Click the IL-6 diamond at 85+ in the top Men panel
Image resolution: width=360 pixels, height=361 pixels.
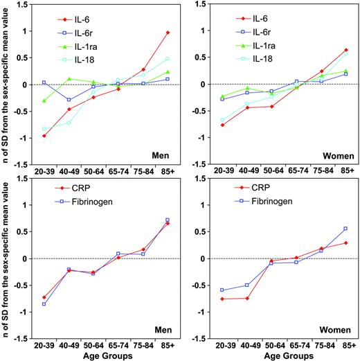(168, 33)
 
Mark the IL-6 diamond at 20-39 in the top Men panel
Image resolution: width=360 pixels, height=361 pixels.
(44, 136)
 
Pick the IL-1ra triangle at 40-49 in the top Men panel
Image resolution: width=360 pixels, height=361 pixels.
(69, 79)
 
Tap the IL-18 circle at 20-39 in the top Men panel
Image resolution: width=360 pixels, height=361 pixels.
(44, 129)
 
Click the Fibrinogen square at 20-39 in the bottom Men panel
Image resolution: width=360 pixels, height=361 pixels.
(44, 304)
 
